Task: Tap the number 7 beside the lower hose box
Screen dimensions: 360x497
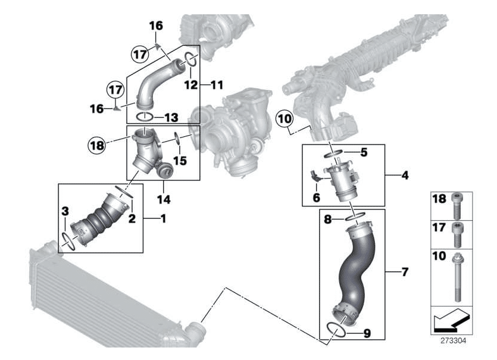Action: coord(405,273)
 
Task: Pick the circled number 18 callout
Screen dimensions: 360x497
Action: coord(96,144)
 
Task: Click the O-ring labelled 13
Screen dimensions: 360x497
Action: coord(145,116)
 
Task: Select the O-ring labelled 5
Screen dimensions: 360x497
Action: coord(335,154)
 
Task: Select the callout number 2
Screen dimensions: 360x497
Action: coord(132,218)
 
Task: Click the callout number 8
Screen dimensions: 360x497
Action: coord(327,219)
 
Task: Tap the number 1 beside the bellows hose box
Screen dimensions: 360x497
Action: coord(163,218)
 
